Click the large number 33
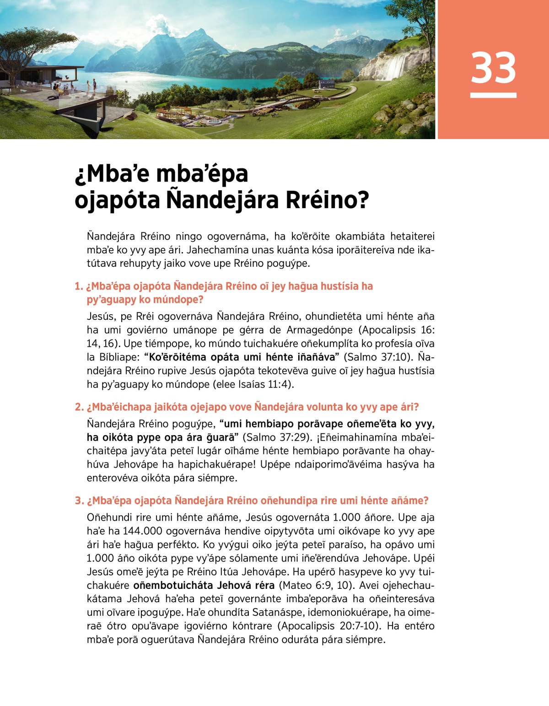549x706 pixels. pyautogui.click(x=493, y=68)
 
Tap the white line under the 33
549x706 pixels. pyautogui.click(x=493, y=95)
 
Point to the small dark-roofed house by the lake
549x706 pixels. pyautogui.click(x=326, y=84)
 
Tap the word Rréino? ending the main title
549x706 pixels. pyautogui.click(x=327, y=200)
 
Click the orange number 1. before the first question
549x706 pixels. pyautogui.click(x=79, y=286)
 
